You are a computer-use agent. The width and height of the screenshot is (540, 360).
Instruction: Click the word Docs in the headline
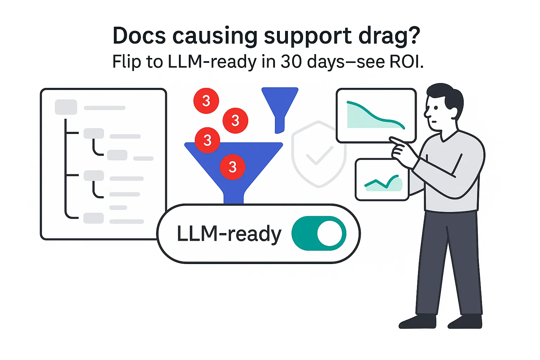tap(139, 36)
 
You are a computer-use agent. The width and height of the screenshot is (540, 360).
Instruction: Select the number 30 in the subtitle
tap(291, 62)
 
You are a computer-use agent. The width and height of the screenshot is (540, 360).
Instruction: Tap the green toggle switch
tap(319, 233)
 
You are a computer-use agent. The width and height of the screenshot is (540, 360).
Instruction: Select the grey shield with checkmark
tap(319, 154)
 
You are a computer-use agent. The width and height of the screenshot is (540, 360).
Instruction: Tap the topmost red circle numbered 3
tap(206, 101)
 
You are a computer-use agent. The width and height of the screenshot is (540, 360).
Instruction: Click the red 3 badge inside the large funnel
tap(232, 167)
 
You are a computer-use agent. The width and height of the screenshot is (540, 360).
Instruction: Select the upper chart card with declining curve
tap(376, 115)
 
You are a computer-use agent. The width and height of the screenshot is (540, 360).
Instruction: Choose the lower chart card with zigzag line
tap(382, 180)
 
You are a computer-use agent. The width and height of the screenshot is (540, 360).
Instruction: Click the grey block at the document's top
tap(66, 107)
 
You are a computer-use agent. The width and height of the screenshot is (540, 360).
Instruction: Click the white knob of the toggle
tap(329, 233)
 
